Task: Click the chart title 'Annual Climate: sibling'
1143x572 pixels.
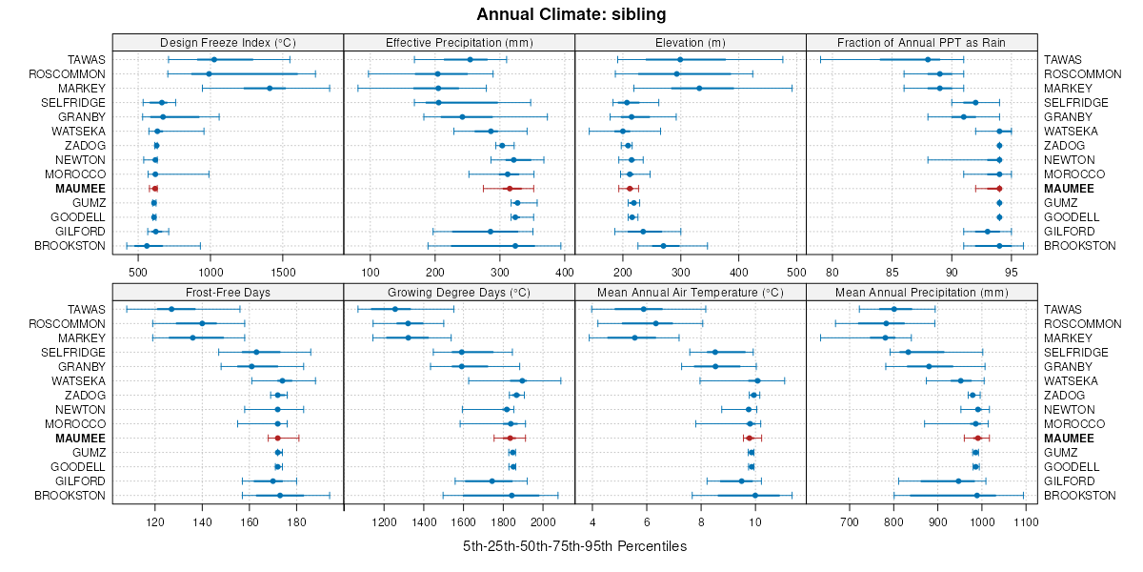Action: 571,14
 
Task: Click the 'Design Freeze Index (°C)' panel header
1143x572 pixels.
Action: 228,42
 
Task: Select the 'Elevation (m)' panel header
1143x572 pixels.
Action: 691,42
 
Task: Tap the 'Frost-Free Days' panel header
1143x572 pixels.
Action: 228,292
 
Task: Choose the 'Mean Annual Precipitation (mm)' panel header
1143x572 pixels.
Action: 921,292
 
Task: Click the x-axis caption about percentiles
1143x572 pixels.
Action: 574,546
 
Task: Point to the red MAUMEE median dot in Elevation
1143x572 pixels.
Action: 629,189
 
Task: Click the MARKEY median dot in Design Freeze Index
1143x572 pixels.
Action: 270,89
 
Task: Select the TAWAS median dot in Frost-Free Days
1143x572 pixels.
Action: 171,309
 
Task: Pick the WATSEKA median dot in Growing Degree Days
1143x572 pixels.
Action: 522,380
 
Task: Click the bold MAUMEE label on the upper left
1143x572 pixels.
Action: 81,189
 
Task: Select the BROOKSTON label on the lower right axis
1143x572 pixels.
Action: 1080,496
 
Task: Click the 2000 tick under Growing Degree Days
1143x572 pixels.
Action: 543,523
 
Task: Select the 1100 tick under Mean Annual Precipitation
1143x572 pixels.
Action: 1026,523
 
